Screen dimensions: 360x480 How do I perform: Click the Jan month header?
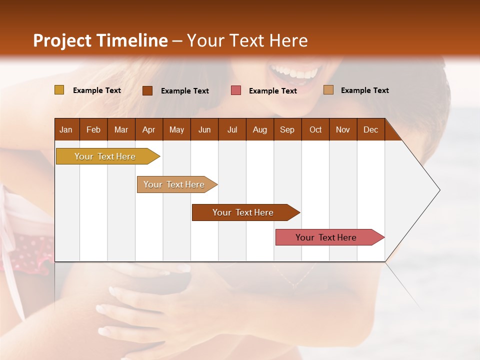pyautogui.click(x=66, y=129)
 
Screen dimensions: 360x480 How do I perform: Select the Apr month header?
pyautogui.click(x=148, y=129)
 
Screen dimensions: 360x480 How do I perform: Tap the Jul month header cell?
pyautogui.click(x=232, y=129)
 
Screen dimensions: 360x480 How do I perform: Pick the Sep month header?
pyautogui.click(x=287, y=129)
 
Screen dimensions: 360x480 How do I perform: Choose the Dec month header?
pyautogui.click(x=370, y=129)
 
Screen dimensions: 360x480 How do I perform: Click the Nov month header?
pyautogui.click(x=343, y=129)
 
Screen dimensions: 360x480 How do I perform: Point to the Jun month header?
pyautogui.click(x=204, y=129)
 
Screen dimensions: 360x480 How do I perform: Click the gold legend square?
pyautogui.click(x=59, y=90)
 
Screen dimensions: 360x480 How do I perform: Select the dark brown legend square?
pyautogui.click(x=147, y=90)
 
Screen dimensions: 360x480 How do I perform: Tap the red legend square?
pyautogui.click(x=236, y=90)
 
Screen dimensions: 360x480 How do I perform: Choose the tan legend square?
pyautogui.click(x=328, y=90)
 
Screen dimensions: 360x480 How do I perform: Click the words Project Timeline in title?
pyautogui.click(x=100, y=40)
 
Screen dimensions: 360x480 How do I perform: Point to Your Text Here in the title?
pyautogui.click(x=247, y=40)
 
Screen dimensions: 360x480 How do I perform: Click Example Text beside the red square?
pyautogui.click(x=272, y=90)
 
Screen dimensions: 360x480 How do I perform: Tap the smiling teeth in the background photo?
pyautogui.click(x=294, y=72)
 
